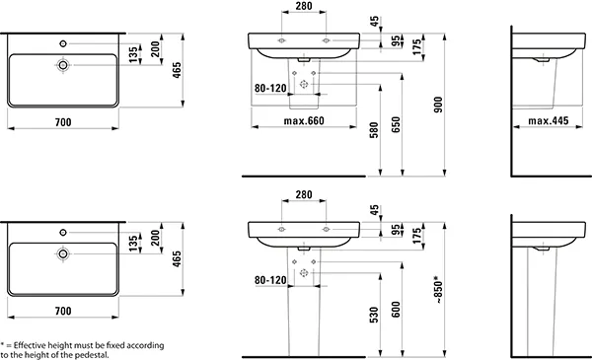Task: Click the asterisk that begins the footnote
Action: (3, 345)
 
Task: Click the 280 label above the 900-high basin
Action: (303, 7)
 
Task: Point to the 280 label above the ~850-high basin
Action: (303, 196)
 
